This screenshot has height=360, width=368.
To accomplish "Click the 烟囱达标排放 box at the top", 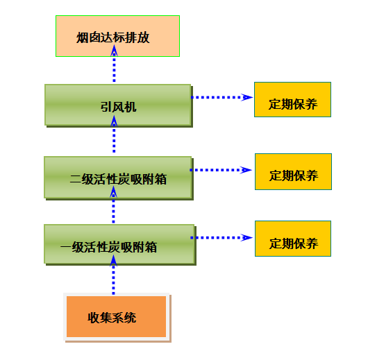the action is (117, 36).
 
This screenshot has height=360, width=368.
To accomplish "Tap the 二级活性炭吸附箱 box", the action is (118, 178).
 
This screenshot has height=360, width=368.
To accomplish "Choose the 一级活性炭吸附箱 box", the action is (119, 244).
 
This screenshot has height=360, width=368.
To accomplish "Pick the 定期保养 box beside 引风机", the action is (292, 99).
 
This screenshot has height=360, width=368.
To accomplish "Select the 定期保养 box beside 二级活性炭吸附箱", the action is (294, 171).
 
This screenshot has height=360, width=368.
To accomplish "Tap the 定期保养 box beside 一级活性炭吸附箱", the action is (293, 239).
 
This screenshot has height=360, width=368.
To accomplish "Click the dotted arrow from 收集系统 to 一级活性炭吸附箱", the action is (114, 275).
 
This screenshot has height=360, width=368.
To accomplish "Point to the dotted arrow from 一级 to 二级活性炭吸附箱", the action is (114, 205).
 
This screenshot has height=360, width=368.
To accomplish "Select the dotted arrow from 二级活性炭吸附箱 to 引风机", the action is (114, 135).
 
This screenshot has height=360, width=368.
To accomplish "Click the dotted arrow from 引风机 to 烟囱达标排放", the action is (114, 64).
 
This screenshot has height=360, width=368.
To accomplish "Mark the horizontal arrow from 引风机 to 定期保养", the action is (222, 97).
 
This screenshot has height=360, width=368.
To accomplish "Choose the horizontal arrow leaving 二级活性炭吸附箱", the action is (221, 170).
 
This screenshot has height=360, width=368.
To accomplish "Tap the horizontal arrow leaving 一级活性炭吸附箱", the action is (221, 238).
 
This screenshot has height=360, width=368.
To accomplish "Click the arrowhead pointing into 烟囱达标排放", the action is (114, 50).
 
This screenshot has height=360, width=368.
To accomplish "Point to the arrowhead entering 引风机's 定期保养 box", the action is (247, 97).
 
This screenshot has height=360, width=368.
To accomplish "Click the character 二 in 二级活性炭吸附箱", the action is (76, 180).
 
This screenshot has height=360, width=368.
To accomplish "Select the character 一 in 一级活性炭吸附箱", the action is (66, 247).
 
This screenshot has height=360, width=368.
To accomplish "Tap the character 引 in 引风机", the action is (106, 108).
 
